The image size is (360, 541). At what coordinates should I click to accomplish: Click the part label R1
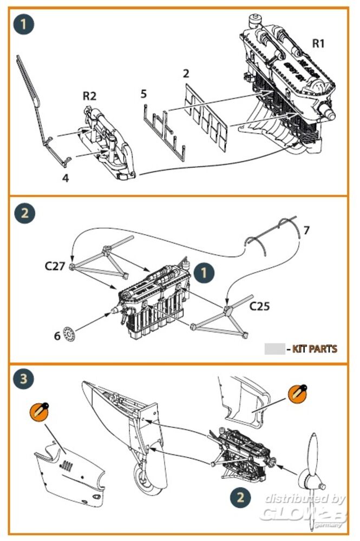click(x=318, y=43)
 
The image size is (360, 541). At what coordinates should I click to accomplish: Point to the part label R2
click(x=89, y=96)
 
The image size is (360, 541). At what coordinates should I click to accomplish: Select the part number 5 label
click(x=143, y=94)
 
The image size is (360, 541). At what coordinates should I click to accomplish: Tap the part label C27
click(x=55, y=266)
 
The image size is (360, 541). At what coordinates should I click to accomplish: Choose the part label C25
click(x=260, y=306)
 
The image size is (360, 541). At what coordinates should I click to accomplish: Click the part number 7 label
click(x=306, y=230)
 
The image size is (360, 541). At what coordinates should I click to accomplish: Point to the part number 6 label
click(x=57, y=335)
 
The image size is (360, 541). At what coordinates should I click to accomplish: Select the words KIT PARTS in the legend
click(x=315, y=349)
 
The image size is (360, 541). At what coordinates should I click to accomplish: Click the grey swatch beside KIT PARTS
click(x=274, y=349)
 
